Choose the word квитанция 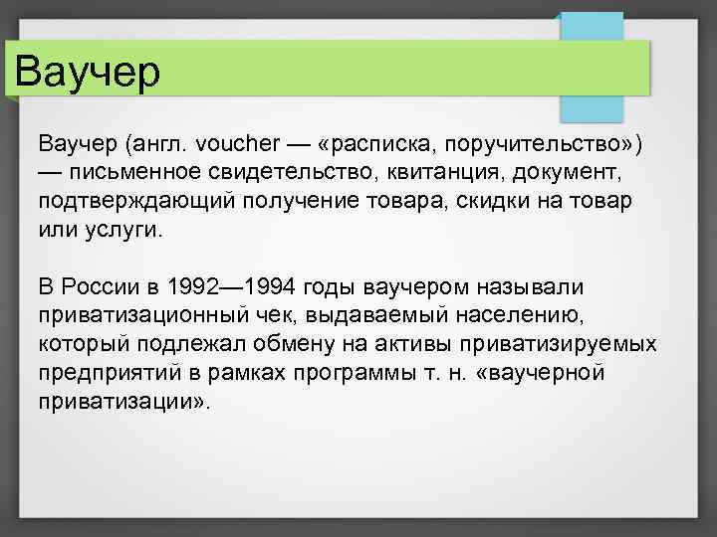[x=453, y=175]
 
